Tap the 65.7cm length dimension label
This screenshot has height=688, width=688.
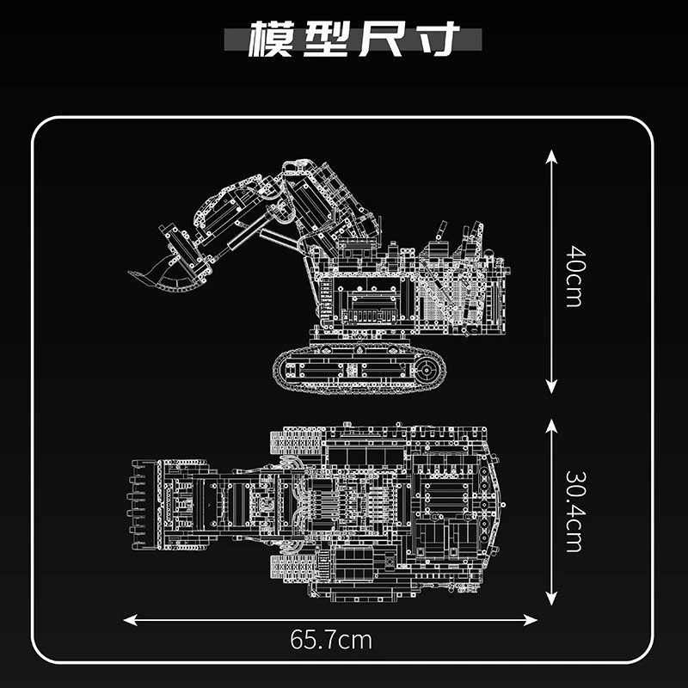(331, 640)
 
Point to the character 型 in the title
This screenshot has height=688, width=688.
(328, 40)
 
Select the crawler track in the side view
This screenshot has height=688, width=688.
(359, 370)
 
